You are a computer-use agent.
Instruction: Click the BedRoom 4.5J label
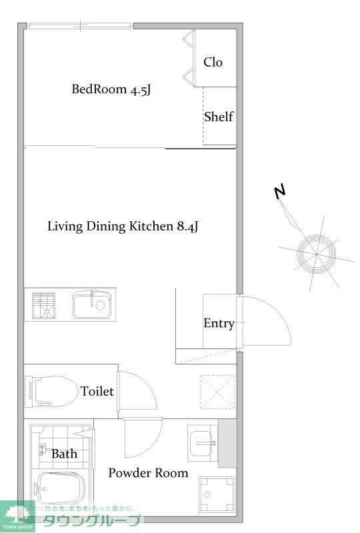[x=111, y=89]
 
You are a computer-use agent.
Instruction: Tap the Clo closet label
[x=213, y=62]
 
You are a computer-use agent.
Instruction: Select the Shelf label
[x=219, y=117]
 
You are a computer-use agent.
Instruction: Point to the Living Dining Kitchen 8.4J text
[x=123, y=227]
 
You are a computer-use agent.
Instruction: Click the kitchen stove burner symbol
[x=43, y=305]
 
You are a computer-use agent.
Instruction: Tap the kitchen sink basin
[x=92, y=304]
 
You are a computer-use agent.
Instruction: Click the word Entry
[x=219, y=324]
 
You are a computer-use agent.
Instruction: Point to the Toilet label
[x=97, y=391]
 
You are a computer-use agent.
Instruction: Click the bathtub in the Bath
[x=60, y=489]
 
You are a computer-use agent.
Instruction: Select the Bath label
[x=64, y=454]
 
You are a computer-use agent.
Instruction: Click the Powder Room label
[x=149, y=473]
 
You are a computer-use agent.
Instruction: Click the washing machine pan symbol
[x=217, y=494]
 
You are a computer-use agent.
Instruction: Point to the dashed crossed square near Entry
[x=218, y=392]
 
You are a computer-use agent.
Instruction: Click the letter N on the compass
[x=280, y=193]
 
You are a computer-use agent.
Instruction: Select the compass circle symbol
[x=316, y=254]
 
